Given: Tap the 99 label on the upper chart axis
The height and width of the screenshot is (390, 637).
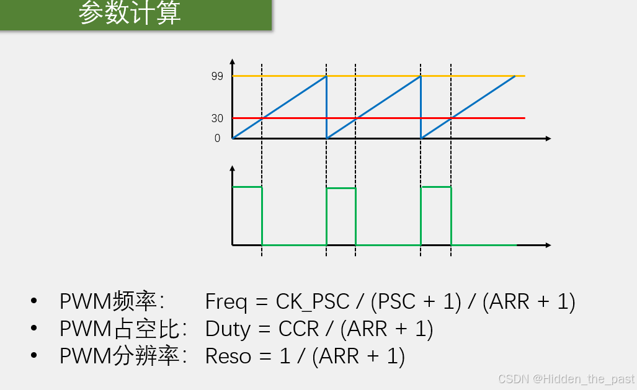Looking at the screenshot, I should pos(217,76).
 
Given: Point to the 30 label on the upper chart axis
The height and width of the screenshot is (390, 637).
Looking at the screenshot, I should pos(217,118).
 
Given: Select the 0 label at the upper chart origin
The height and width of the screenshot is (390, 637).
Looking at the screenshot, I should pos(217,138).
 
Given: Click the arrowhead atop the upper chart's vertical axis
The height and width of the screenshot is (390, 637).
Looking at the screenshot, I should pos(232,62).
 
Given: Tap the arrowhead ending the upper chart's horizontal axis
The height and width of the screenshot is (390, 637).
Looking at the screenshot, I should pos(548,138).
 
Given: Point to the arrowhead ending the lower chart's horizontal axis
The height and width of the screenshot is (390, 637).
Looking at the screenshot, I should pos(548,246).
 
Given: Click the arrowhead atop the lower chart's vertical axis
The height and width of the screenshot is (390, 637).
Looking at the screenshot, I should pos(232,169).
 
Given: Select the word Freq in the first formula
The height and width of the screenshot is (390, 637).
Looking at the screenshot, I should pos(226,302).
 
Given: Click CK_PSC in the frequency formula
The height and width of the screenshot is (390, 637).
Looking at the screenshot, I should pos(313,302).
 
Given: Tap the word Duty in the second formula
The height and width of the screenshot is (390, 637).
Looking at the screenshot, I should pos(227,329).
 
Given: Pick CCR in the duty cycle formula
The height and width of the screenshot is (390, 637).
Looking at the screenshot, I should pos(299,329).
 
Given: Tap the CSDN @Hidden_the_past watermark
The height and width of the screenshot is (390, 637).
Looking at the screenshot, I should pos(566,379).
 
